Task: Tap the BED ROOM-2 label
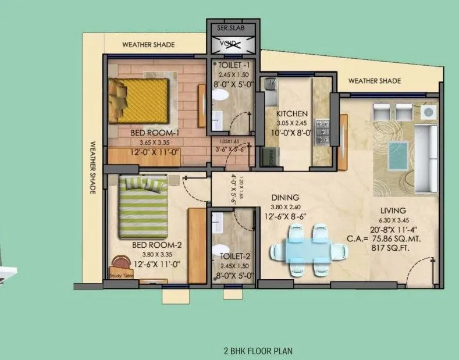[149, 245]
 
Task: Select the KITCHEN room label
[292, 113]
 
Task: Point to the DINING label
[284, 198]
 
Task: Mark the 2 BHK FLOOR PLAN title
[258, 351]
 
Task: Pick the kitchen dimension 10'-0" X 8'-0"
[296, 133]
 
